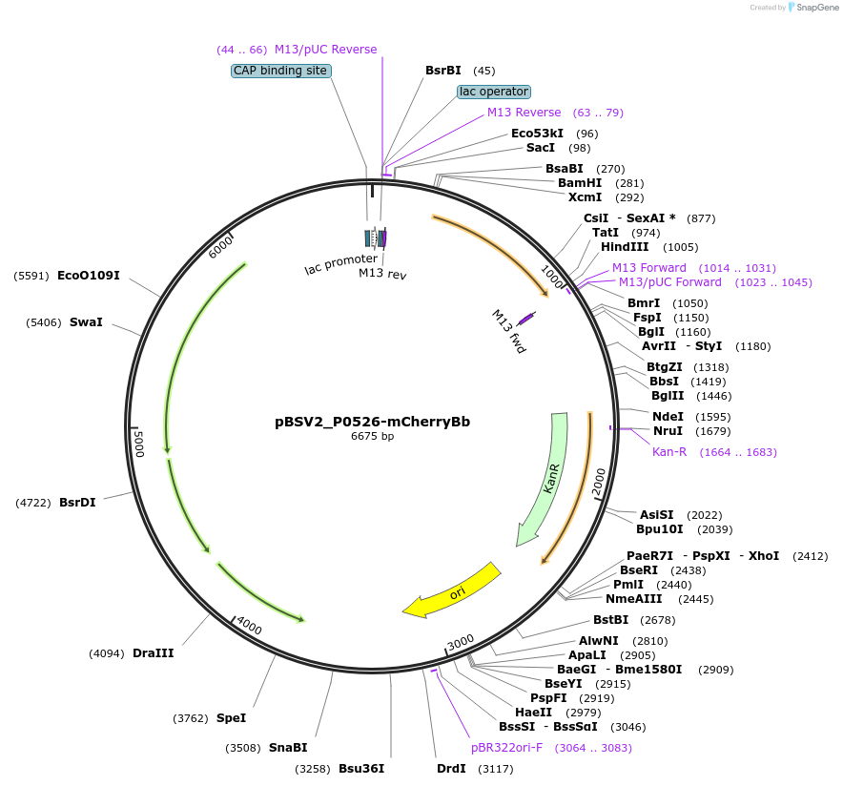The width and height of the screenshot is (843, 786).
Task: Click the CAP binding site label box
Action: (281, 71)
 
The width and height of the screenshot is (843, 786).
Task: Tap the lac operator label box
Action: (493, 92)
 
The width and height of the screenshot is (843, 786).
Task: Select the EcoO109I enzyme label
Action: (89, 276)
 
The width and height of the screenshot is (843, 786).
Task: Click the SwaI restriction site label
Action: (86, 322)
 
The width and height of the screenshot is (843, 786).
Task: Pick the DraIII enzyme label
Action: (153, 653)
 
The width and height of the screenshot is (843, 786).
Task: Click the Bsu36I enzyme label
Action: (361, 768)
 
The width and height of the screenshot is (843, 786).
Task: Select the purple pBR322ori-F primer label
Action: (506, 747)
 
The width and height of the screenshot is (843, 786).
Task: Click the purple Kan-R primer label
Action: (669, 451)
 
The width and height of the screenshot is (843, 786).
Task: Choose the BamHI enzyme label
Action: (580, 183)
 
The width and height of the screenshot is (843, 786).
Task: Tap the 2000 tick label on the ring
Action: (599, 483)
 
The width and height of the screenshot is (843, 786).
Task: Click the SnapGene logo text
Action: (813, 8)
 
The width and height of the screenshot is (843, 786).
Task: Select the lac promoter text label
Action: (340, 263)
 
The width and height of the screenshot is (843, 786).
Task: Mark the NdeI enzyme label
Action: (668, 416)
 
